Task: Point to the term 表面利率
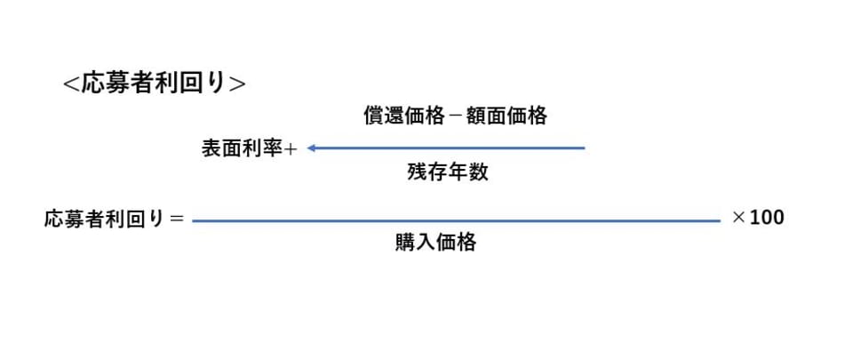coord(243,149)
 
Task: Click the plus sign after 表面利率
coord(290,149)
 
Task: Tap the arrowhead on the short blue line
coord(313,148)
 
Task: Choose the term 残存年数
coord(448,173)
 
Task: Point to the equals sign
coord(176,219)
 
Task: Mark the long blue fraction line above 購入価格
coord(455,220)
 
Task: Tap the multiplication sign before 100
coord(737,218)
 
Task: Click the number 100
coord(767,218)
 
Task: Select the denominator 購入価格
coord(435,243)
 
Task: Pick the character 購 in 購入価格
coord(405,243)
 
